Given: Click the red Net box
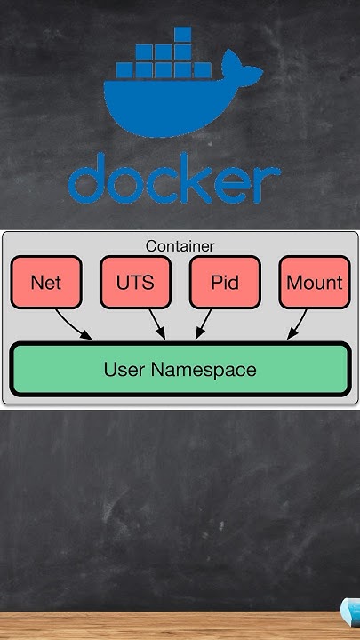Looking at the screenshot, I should point(45,283).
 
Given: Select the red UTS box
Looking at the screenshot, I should point(135,283).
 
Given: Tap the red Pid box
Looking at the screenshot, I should point(225,283).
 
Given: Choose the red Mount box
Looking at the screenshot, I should point(315,283).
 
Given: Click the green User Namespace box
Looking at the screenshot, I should point(180,369).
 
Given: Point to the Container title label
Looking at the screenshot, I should point(180,245).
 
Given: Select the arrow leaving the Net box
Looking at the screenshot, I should point(73,324).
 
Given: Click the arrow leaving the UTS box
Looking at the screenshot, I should point(157,324).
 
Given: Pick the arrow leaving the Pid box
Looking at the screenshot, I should point(204,324).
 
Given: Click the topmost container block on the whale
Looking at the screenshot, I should point(182,35).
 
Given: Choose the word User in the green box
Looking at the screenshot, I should point(124,369).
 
